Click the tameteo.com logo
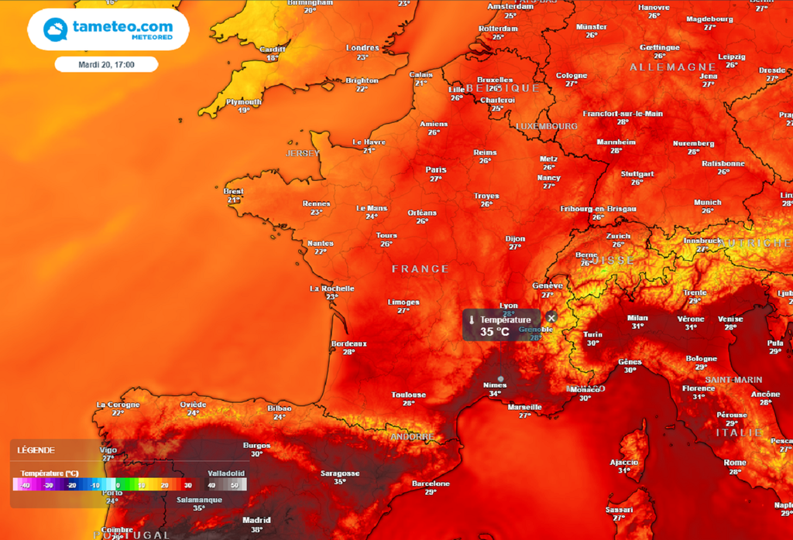click(x=108, y=29)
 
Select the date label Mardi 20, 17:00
click(x=107, y=64)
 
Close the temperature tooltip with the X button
click(x=551, y=317)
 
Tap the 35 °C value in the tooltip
click(x=495, y=332)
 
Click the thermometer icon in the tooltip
click(x=471, y=320)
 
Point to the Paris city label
click(x=436, y=169)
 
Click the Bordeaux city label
click(x=348, y=343)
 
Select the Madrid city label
click(x=256, y=520)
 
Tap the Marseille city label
click(x=524, y=406)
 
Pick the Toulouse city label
click(x=408, y=395)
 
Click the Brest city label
click(x=233, y=191)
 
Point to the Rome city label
click(x=735, y=463)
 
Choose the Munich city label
click(x=707, y=202)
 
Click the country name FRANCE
click(x=420, y=268)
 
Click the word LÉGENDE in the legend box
click(x=36, y=450)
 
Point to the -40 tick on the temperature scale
click(x=26, y=485)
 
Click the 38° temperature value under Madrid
click(x=256, y=530)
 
